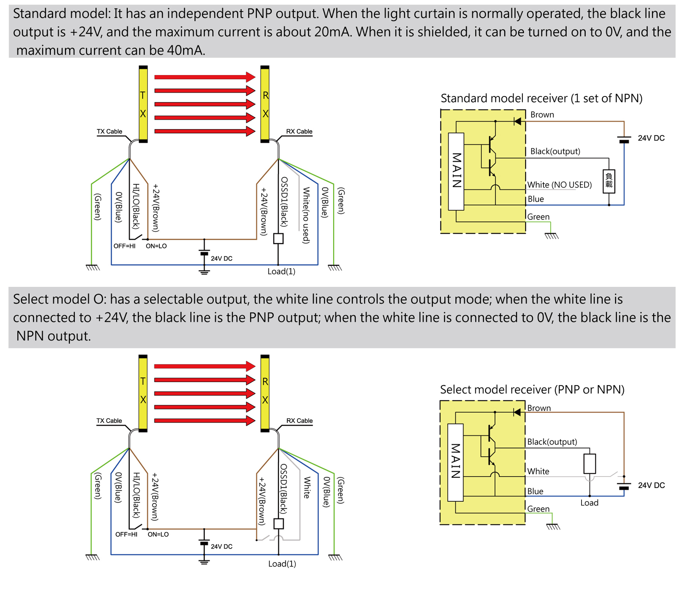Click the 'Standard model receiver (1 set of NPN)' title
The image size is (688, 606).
(541, 98)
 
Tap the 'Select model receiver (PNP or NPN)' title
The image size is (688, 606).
(532, 389)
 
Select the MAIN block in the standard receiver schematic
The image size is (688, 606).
(456, 171)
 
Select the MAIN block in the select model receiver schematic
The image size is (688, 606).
(455, 462)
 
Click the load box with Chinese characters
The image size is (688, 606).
(608, 181)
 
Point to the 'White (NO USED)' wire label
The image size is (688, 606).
(559, 185)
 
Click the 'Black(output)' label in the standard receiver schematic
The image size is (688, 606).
(555, 151)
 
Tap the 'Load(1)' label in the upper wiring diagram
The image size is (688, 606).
(281, 271)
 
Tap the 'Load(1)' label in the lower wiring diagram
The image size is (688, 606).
(282, 564)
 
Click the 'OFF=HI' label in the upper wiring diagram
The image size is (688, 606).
(124, 246)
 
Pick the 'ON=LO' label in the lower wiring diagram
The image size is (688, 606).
(158, 534)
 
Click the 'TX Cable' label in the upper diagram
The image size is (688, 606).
(109, 131)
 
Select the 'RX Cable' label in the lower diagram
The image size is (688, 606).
(299, 421)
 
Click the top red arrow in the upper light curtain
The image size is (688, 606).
(204, 77)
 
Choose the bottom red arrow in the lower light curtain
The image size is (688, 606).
(204, 421)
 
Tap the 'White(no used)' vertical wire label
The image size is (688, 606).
(306, 215)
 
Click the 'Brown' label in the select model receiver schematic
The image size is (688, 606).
(539, 408)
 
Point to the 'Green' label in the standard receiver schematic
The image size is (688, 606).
(538, 217)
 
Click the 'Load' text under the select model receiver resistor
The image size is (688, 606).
(589, 503)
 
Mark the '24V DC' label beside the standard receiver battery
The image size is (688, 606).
(651, 138)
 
